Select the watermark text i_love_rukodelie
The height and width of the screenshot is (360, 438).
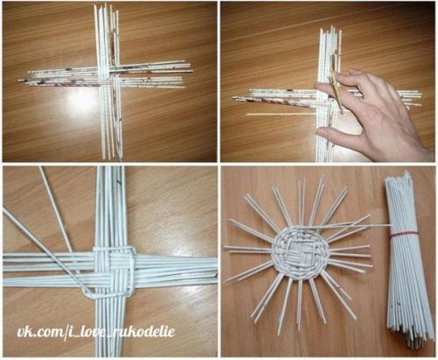(x=121, y=332)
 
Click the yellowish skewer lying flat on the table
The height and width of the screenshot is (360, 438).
(x=280, y=114)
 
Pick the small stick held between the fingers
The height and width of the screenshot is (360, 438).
(x=336, y=90)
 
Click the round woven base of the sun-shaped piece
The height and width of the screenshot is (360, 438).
(x=300, y=252)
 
